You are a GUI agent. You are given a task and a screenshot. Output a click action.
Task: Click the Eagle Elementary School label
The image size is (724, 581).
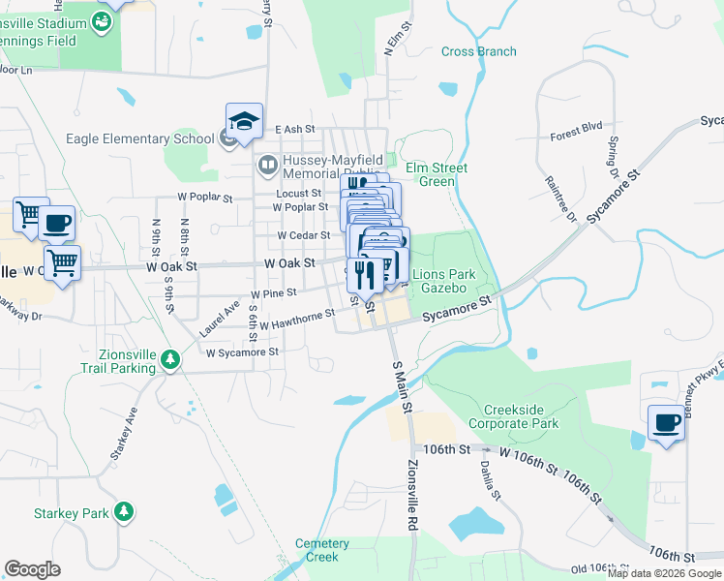pos(139,138)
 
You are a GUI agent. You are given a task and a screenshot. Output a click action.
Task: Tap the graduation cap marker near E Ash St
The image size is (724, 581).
pos(244,121)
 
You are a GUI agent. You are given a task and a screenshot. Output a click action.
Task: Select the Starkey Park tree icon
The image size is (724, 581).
pos(124,511)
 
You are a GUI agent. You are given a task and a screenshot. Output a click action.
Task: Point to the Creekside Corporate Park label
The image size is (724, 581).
pos(513,417)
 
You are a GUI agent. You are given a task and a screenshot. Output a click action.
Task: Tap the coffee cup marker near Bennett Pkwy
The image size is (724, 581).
pos(666,422)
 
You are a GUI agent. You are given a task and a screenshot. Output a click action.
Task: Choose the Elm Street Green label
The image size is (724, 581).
pos(436,174)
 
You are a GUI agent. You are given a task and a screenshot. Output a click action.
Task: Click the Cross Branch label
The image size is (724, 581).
pos(478,51)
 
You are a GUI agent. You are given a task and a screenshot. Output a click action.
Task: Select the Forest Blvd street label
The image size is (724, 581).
pos(576,126)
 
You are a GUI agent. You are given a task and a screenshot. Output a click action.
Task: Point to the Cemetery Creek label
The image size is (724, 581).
pos(322,550)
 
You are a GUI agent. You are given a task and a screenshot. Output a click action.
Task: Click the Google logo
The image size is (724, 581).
pos(32,568)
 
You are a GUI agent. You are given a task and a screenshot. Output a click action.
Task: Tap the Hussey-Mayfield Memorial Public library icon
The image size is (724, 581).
pos(268,163)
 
